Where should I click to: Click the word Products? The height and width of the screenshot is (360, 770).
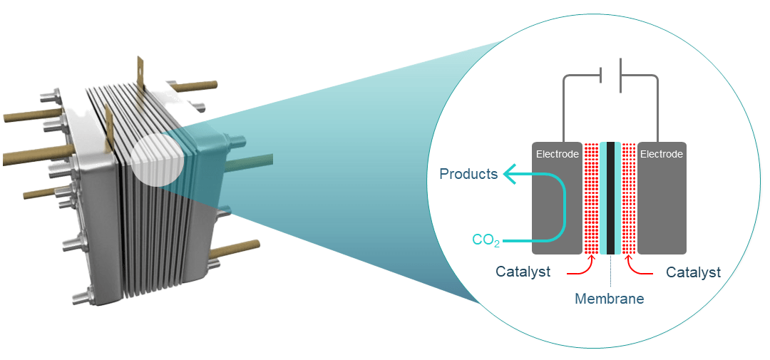(x=468, y=174)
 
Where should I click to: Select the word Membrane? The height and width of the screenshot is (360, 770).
(x=609, y=299)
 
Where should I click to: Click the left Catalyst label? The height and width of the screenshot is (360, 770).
(x=523, y=272)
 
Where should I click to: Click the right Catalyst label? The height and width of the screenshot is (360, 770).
(x=693, y=272)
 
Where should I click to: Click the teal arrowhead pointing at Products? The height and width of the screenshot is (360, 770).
(x=509, y=174)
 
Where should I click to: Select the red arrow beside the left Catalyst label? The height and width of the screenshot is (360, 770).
(x=579, y=269)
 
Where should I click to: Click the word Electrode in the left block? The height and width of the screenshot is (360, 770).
(x=556, y=154)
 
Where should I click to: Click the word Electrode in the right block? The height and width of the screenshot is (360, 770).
(x=662, y=154)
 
